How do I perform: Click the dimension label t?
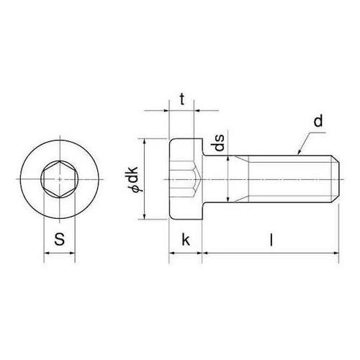(x=182, y=99)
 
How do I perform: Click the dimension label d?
(x=318, y=121)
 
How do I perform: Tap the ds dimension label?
(x=220, y=143)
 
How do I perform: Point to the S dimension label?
(x=60, y=239)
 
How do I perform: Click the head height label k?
(x=186, y=240)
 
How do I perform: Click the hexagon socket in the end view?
(x=60, y=179)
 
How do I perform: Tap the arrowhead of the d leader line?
(x=299, y=153)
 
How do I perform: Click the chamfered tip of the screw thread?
(x=336, y=179)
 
